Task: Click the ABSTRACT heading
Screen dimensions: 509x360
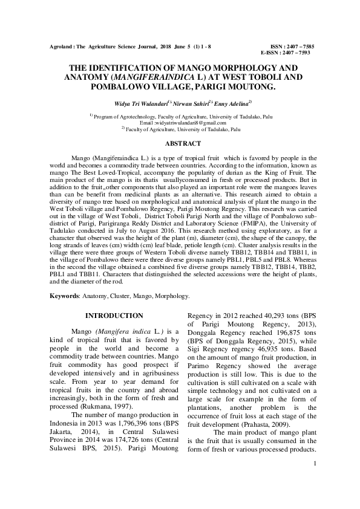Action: (183, 143)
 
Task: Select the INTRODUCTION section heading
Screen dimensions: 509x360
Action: (114, 316)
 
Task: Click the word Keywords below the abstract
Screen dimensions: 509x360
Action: (64, 296)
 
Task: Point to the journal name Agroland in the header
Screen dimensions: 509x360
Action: (61, 47)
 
